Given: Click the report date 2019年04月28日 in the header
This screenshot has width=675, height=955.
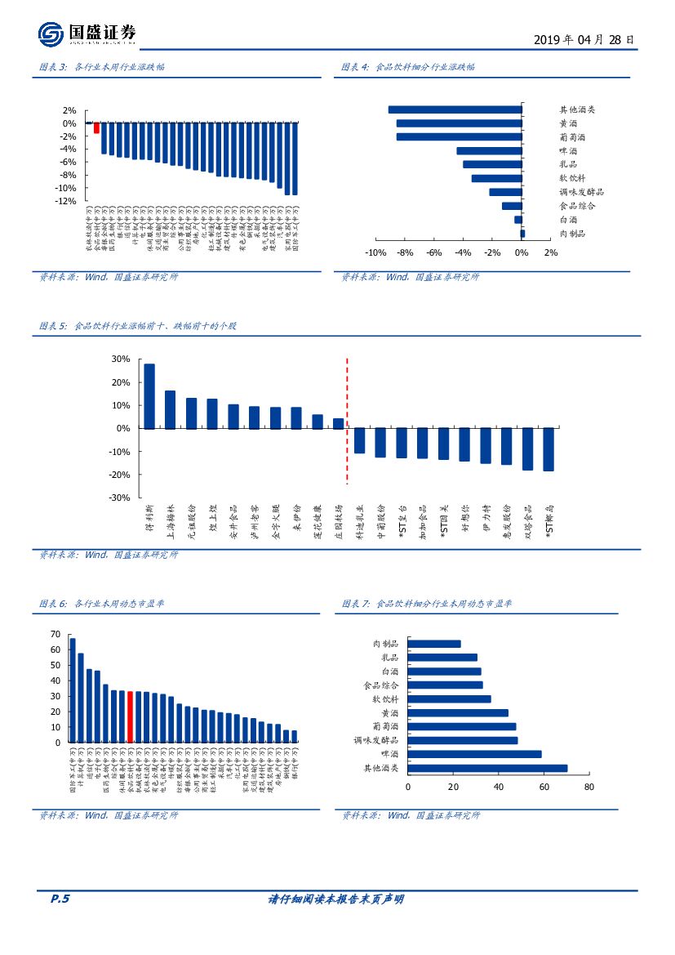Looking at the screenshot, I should click(583, 39).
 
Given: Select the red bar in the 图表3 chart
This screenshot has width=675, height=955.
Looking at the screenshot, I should click(96, 127).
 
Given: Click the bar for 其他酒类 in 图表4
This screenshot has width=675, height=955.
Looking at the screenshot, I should click(455, 109).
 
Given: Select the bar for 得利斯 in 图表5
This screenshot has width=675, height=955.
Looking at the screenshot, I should click(149, 396).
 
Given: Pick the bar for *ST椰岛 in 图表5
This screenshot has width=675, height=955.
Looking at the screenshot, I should click(548, 449).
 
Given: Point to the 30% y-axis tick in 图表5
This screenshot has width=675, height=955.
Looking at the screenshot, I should click(121, 359).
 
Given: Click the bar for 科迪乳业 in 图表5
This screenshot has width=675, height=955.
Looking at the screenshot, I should click(359, 440).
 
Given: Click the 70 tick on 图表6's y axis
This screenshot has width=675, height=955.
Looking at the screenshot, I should click(56, 634).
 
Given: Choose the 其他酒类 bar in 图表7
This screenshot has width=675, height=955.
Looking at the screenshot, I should click(486, 768).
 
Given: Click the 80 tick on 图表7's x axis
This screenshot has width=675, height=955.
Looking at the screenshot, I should click(589, 787).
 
